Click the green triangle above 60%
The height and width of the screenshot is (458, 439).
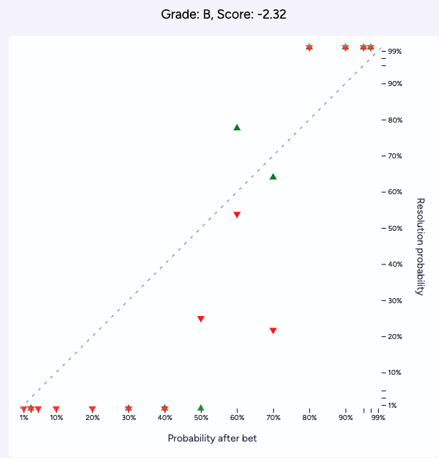click(237, 128)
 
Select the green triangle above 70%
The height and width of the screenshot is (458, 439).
click(273, 176)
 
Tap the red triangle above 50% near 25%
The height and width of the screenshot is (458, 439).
click(201, 319)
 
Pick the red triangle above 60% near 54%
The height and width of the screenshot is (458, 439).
click(237, 215)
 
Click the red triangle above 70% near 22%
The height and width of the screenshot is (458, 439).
click(273, 330)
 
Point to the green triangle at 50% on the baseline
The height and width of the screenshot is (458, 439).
click(201, 408)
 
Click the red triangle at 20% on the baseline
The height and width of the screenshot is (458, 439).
click(93, 409)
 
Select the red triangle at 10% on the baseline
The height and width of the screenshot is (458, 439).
click(56, 409)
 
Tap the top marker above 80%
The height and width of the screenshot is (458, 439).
click(309, 47)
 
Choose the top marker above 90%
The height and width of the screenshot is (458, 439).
click(345, 47)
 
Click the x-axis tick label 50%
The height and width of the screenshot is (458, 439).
click(201, 418)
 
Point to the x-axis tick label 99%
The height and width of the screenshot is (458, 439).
click(378, 418)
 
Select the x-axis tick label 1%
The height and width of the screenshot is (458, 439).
click(24, 418)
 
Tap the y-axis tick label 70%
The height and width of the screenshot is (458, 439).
click(395, 156)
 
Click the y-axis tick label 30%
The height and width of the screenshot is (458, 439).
click(395, 300)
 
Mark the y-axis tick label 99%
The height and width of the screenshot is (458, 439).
click(395, 52)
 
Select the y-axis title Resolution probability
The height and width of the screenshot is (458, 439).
click(421, 247)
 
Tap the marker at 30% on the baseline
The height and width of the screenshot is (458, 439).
click(128, 409)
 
